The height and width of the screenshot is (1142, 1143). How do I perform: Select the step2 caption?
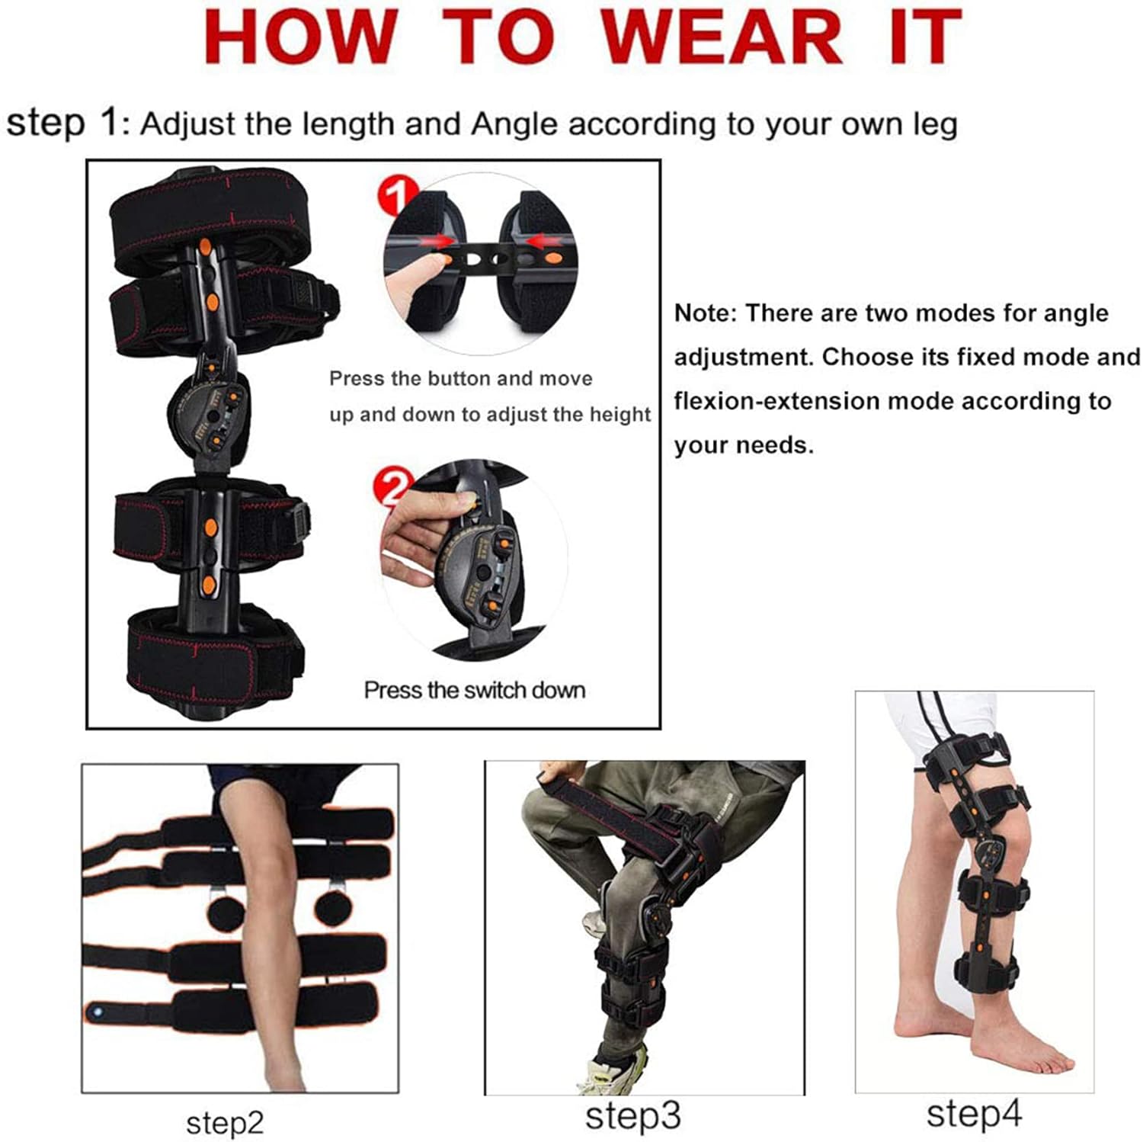coord(225,1122)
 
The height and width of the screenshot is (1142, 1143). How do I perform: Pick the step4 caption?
coord(973,1114)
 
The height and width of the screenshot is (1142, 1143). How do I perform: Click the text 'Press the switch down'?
coord(474,690)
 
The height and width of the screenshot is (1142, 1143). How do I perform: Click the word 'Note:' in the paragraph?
coord(705,313)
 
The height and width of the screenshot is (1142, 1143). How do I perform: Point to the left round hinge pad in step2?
coord(226,910)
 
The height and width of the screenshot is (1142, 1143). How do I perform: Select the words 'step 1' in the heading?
coord(62,122)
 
